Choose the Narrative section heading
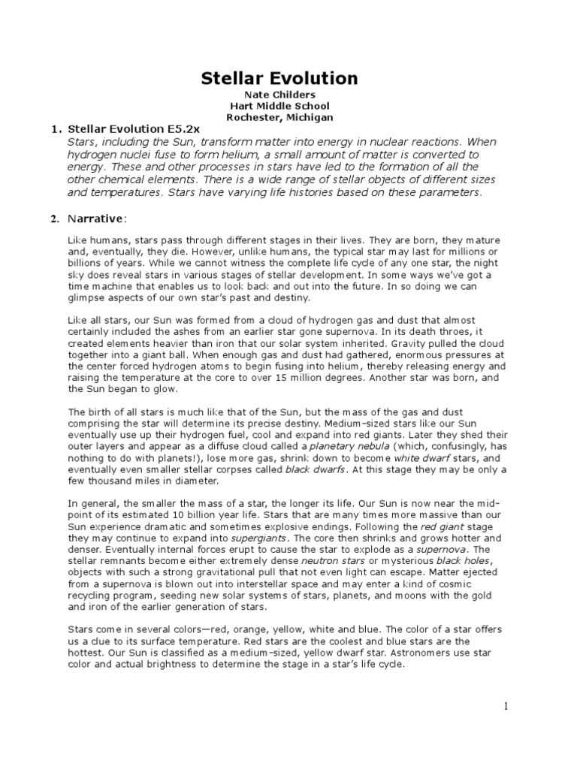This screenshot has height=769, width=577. click(95, 219)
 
